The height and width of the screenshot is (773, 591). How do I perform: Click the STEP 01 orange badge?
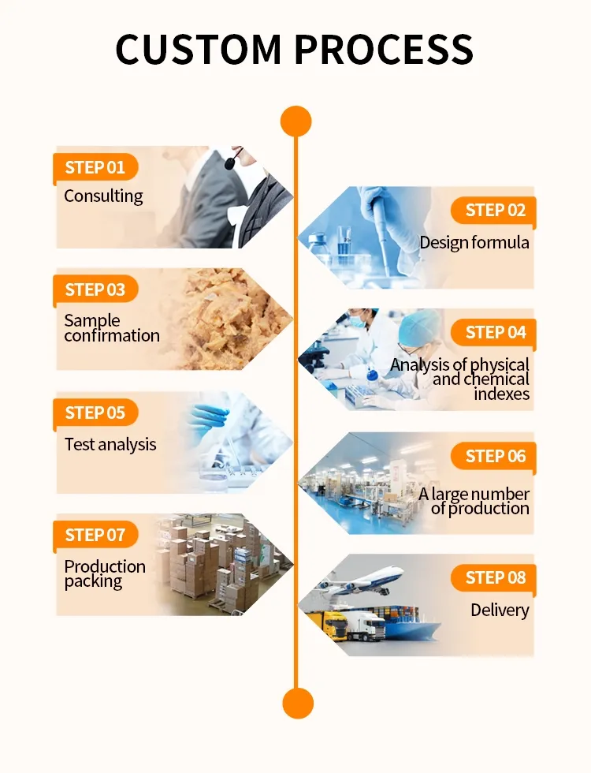(x=95, y=167)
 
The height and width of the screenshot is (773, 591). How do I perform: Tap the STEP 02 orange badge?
(x=495, y=210)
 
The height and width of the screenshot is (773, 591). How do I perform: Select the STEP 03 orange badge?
(x=95, y=289)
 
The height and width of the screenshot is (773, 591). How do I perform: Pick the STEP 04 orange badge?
(x=495, y=332)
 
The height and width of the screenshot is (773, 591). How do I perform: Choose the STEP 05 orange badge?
(x=95, y=413)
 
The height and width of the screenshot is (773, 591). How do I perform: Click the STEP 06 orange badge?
(x=495, y=456)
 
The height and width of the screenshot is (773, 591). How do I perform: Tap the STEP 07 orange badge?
(x=95, y=536)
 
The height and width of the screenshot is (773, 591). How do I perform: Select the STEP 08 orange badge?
(x=495, y=578)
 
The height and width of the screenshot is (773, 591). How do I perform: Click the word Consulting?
(x=103, y=196)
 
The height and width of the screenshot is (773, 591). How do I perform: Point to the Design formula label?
(x=474, y=242)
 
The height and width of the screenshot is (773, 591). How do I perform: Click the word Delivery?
(x=500, y=610)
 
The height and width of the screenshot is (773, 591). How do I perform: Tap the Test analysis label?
(x=110, y=444)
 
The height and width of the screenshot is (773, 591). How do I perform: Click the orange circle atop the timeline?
(x=296, y=121)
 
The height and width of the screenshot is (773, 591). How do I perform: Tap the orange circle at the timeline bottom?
(x=297, y=703)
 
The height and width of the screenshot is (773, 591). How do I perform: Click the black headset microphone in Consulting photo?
(x=229, y=163)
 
